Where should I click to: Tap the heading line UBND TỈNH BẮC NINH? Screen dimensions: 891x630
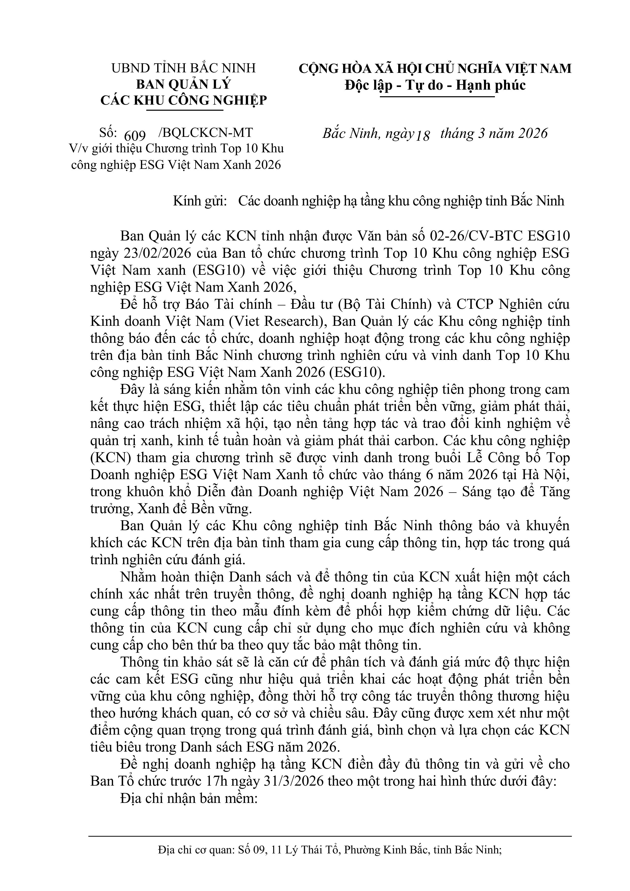click(x=184, y=68)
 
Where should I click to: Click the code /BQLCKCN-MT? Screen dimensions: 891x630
click(x=206, y=133)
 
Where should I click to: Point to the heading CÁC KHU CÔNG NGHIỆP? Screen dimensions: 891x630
click(x=184, y=101)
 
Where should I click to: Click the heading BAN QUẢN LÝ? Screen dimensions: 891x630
click(x=184, y=85)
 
